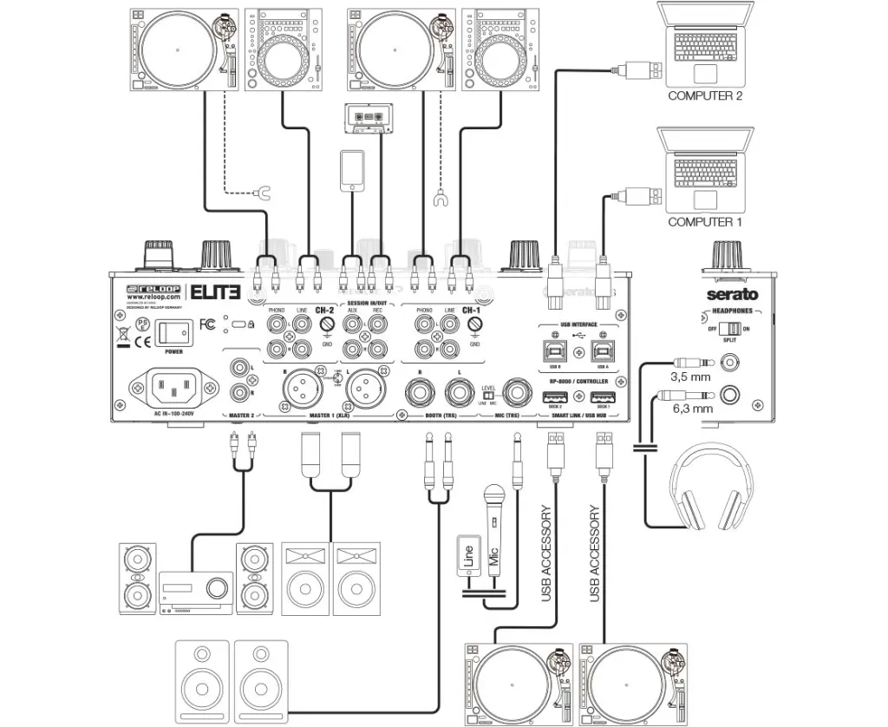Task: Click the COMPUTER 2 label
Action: coord(704,96)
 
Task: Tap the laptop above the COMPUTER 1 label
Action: coord(705,168)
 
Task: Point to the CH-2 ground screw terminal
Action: coord(327,326)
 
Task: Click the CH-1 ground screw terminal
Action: coord(474,326)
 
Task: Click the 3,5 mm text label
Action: coord(691,378)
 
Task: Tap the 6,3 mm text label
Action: coord(691,408)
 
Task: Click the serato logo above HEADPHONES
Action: coord(731,294)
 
